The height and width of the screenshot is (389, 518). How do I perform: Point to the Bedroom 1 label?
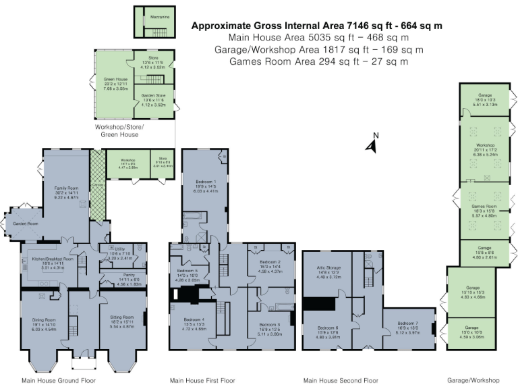(x=206, y=182)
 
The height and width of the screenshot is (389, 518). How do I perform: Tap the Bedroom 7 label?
(x=408, y=323)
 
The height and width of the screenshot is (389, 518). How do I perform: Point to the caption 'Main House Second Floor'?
(x=341, y=380)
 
